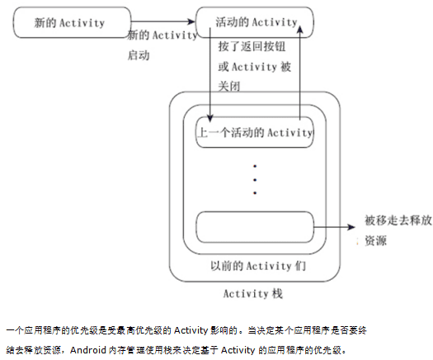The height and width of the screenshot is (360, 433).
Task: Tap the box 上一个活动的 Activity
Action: (255, 132)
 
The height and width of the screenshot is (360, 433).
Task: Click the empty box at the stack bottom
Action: (255, 225)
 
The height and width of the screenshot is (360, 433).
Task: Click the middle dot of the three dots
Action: (255, 178)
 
